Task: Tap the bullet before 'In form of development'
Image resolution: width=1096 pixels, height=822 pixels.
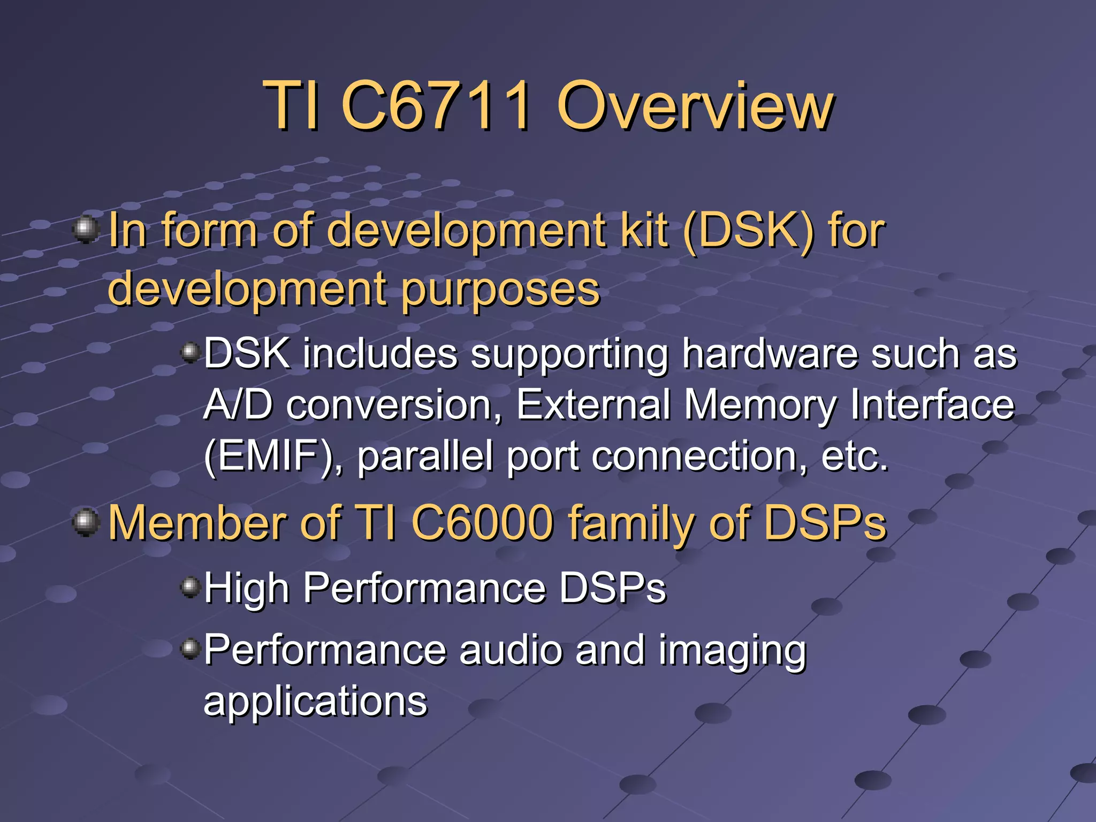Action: coord(86,230)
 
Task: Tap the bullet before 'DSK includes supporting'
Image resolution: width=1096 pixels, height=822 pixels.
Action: coord(189,353)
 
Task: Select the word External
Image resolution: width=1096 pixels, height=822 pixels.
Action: coord(593,405)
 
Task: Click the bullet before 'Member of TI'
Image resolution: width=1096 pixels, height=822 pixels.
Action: coord(86,522)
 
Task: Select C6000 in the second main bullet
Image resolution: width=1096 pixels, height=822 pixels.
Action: coord(482,523)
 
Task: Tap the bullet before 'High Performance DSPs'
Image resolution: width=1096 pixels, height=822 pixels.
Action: coord(189,587)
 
